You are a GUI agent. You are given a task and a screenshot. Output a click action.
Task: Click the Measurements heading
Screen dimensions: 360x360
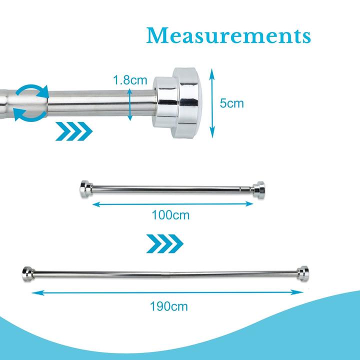coord(228,35)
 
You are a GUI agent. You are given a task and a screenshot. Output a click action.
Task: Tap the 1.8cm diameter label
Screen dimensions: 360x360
coord(130,80)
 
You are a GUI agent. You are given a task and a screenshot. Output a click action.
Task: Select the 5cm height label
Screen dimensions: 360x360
coord(231,103)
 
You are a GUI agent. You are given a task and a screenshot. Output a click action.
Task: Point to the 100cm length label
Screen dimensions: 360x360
coord(170,215)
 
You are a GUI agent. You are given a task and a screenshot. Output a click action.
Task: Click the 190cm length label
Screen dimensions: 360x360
coord(169,306)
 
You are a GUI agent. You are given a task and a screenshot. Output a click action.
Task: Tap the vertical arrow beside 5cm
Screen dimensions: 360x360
coord(212,103)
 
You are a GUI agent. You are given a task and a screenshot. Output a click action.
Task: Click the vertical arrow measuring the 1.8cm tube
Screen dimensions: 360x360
coord(130,104)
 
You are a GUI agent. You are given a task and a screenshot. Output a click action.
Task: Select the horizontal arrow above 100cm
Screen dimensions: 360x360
coord(172,204)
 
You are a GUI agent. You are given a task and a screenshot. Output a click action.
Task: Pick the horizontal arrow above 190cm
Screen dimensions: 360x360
coord(167,292)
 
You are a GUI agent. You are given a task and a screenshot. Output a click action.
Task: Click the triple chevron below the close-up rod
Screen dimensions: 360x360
coord(74,131)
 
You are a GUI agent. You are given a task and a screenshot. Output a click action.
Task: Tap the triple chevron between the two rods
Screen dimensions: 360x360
coord(165,243)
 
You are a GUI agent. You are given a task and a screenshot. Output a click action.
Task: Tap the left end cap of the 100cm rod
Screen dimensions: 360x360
coord(86,189)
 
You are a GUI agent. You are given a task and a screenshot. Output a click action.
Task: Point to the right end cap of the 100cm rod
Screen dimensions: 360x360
coord(258,189)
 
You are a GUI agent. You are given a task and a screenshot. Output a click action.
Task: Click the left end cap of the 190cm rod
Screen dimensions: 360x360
coord(28,274)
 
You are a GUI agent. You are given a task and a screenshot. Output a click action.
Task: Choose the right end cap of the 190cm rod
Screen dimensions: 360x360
coord(302,273)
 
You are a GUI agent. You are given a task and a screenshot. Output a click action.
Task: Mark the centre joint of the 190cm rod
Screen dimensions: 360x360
coord(170,274)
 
